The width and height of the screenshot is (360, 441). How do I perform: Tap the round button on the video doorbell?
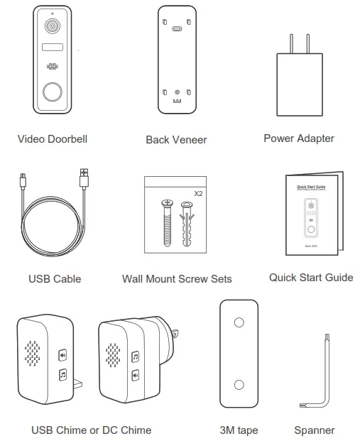[53, 93]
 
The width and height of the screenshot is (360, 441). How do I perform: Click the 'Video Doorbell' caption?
[53, 139]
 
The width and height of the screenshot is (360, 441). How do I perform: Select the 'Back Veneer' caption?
[176, 140]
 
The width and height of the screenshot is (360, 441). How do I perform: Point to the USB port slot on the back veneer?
[176, 30]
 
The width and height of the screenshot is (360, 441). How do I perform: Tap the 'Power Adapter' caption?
[298, 138]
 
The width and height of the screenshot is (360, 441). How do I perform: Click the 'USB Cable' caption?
[55, 279]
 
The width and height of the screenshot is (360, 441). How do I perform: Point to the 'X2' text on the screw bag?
[198, 192]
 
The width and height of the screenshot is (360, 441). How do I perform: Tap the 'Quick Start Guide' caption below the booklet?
[310, 278]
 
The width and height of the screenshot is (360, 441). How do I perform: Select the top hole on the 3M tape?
[239, 322]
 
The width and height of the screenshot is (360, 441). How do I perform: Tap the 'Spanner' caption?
[314, 430]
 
